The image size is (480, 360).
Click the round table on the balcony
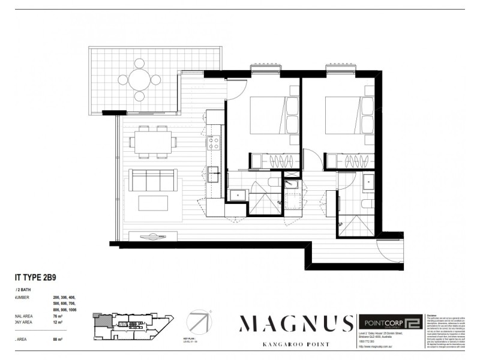[139, 79]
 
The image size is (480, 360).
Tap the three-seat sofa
[152, 180]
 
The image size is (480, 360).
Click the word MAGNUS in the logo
[296, 324]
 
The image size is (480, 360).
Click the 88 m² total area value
[57, 340]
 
